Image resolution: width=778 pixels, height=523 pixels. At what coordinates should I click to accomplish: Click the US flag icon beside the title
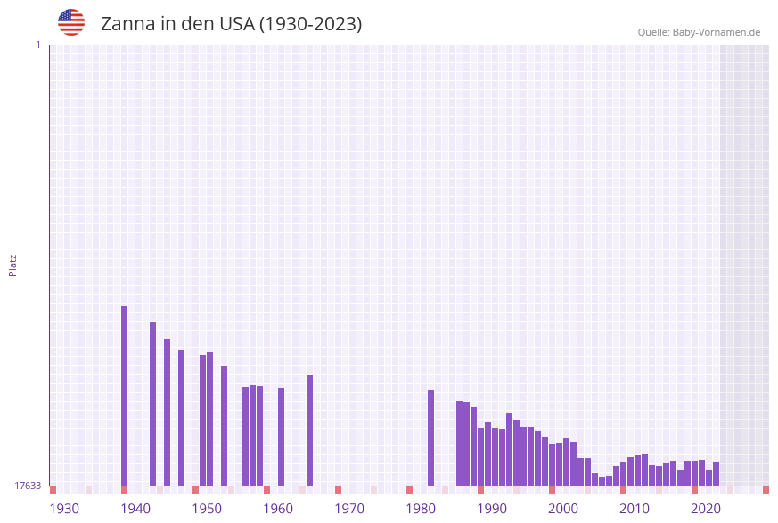(71, 22)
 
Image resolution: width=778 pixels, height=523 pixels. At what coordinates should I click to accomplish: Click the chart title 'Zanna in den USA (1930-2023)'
(231, 24)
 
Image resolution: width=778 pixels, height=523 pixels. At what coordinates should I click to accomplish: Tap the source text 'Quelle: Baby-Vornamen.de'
(699, 32)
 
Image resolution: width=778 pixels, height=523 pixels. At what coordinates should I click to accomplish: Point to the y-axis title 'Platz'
(13, 265)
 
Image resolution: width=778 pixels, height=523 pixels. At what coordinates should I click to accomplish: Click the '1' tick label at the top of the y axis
(37, 45)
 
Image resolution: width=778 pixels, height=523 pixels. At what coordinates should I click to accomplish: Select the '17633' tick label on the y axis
(28, 486)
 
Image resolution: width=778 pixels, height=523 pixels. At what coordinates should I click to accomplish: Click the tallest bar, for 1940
(124, 396)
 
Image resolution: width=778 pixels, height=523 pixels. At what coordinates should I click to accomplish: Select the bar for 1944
(152, 404)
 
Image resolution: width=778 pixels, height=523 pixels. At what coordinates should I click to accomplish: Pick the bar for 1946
(167, 412)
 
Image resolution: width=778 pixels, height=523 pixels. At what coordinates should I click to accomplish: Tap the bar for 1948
(181, 418)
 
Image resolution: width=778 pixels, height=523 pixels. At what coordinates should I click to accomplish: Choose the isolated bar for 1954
(224, 426)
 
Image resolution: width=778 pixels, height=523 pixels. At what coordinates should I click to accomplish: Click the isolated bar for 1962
(281, 437)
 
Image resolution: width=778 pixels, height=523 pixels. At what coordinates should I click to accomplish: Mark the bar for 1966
(309, 430)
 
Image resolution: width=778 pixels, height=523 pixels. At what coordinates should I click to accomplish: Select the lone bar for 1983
(430, 437)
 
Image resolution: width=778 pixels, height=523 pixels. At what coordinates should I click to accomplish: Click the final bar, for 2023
(716, 474)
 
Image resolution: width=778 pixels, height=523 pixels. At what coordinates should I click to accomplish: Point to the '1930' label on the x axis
(64, 509)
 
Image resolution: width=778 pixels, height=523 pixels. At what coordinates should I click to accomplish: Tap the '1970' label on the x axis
(349, 509)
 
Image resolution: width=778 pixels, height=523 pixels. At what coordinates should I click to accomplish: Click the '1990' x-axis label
(492, 509)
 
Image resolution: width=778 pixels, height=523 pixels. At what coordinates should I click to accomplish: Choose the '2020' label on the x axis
(706, 509)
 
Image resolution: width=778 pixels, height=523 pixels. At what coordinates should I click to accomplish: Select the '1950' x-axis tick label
(207, 509)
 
